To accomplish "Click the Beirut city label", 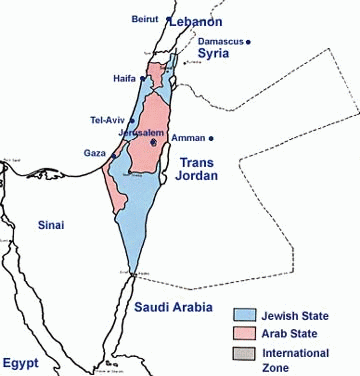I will click(145, 19).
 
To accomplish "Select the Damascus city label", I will click(218, 41).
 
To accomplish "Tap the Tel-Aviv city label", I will click(109, 120).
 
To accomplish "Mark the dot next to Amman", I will click(212, 137).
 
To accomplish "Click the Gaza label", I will click(96, 153).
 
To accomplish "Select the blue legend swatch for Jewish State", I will click(245, 315).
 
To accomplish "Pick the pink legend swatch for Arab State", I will click(245, 334).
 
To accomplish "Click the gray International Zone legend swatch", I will click(245, 353).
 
